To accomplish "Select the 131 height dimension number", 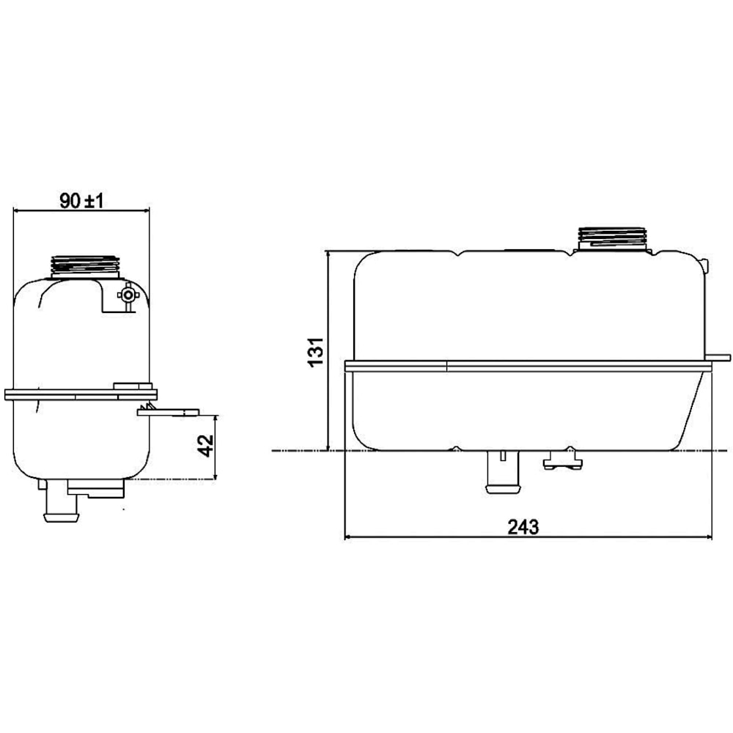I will coord(315,352).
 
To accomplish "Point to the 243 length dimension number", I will coord(523,526).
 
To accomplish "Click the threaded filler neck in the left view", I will coord(84,265).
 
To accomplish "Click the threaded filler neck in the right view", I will coord(613,238).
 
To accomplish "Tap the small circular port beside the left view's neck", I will coord(128,295).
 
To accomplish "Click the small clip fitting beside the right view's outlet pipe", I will coord(562,460).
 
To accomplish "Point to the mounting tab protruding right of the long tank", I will coord(719,358).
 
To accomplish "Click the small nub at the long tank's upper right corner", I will coord(704,264).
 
